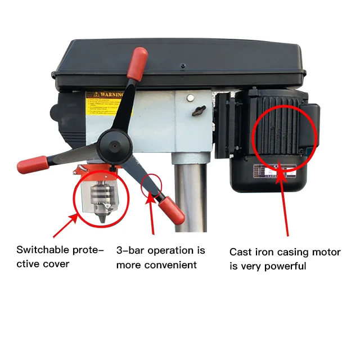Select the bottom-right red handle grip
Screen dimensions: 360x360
[172, 212]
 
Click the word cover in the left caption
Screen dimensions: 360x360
[57, 264]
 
